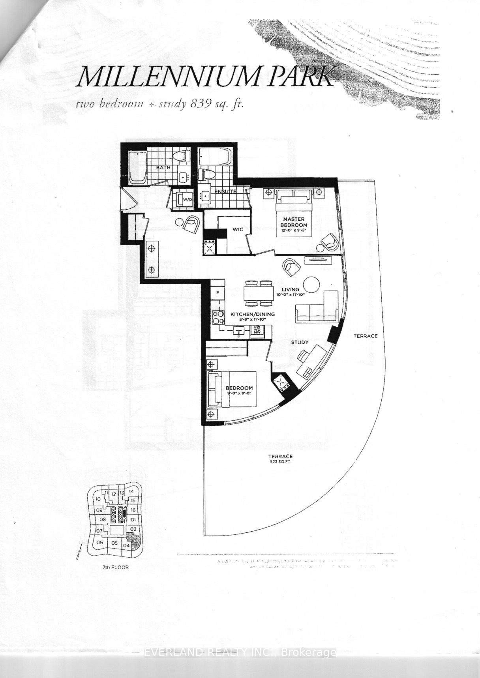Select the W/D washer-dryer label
pos(187,199)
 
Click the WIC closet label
pos(237,229)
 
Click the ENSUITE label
pos(225,191)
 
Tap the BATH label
pos(163,167)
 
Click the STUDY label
pos(300,342)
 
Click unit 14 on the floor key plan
pos(131,492)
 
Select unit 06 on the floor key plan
pos(100,543)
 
